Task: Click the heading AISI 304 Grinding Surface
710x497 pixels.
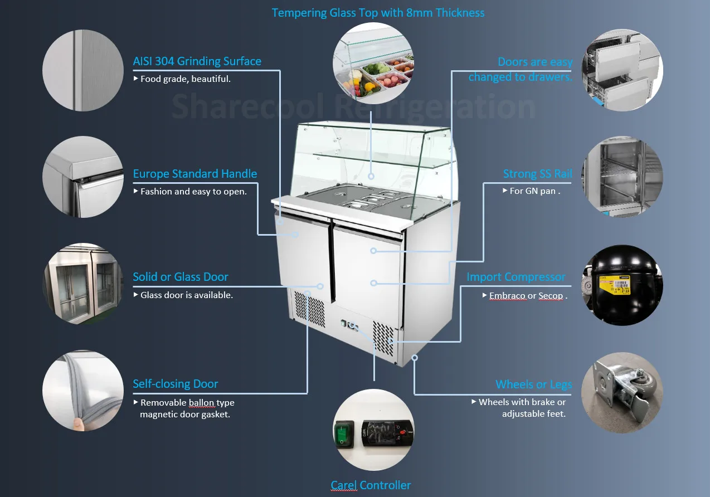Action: point(197,61)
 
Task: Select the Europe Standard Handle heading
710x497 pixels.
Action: point(194,174)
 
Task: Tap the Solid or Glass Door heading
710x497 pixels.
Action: point(181,277)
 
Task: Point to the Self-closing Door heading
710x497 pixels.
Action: point(175,384)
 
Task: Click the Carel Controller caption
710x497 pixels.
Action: point(371,485)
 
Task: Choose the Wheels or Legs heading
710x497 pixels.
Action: point(533,384)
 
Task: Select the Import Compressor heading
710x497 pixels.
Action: point(516,277)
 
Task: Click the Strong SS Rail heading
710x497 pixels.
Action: point(537,174)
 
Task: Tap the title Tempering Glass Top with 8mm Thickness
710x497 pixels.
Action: point(378,13)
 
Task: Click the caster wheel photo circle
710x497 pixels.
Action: point(622,392)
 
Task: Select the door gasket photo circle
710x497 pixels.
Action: point(82,391)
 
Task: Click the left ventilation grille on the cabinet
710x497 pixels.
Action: point(309,309)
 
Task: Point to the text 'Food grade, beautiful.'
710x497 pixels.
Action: point(185,79)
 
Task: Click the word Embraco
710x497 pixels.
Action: point(507,296)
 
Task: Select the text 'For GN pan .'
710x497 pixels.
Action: point(534,191)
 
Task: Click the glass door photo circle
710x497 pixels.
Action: point(82,283)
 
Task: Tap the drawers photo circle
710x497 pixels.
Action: point(622,70)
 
